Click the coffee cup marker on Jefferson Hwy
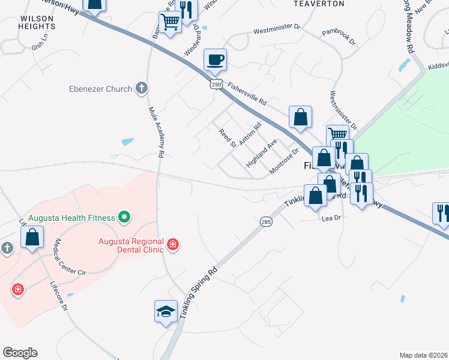tap(215, 59)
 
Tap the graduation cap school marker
tap(166, 311)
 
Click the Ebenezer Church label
tap(101, 89)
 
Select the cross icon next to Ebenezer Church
tap(142, 89)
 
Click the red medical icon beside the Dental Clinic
tap(173, 244)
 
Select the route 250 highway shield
tap(215, 84)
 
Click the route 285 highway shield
tap(266, 222)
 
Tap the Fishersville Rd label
tap(247, 94)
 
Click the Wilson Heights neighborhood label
tap(37, 23)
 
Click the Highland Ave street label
tap(261, 154)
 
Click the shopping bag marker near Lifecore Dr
tap(32, 236)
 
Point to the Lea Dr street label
tap(331, 218)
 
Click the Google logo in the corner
tap(20, 353)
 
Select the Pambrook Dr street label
tap(338, 38)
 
